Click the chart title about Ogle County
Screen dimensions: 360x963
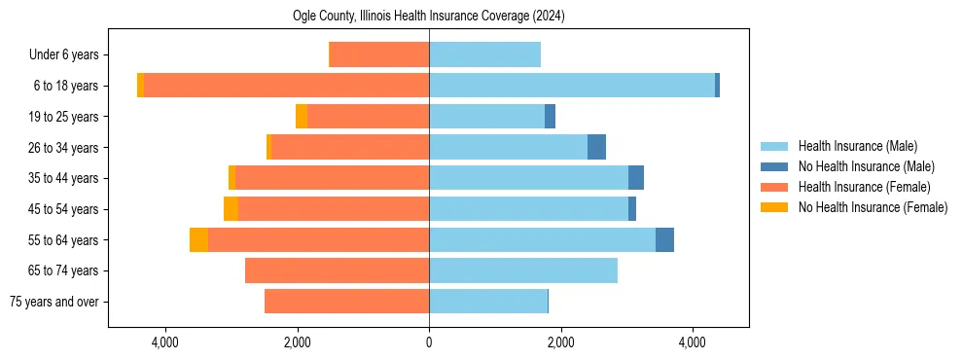(x=428, y=17)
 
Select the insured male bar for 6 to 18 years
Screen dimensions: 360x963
(x=572, y=86)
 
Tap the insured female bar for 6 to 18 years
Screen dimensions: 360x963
(x=286, y=86)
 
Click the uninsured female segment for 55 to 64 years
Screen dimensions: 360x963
(x=198, y=239)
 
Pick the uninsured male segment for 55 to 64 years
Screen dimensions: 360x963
(x=664, y=239)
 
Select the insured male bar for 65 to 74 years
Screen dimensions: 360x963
(x=523, y=270)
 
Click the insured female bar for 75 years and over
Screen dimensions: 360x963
(x=346, y=302)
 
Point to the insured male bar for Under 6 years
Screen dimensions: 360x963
(x=484, y=54)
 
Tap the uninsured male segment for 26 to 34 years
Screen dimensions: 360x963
(x=596, y=147)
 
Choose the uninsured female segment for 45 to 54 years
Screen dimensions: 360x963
(x=231, y=209)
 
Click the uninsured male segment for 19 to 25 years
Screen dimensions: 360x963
(x=550, y=117)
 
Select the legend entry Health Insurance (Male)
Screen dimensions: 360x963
(x=857, y=146)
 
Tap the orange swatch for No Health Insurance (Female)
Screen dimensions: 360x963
(x=775, y=207)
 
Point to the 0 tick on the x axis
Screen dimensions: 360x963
(x=429, y=342)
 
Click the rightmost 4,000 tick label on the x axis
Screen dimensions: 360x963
(x=693, y=342)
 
